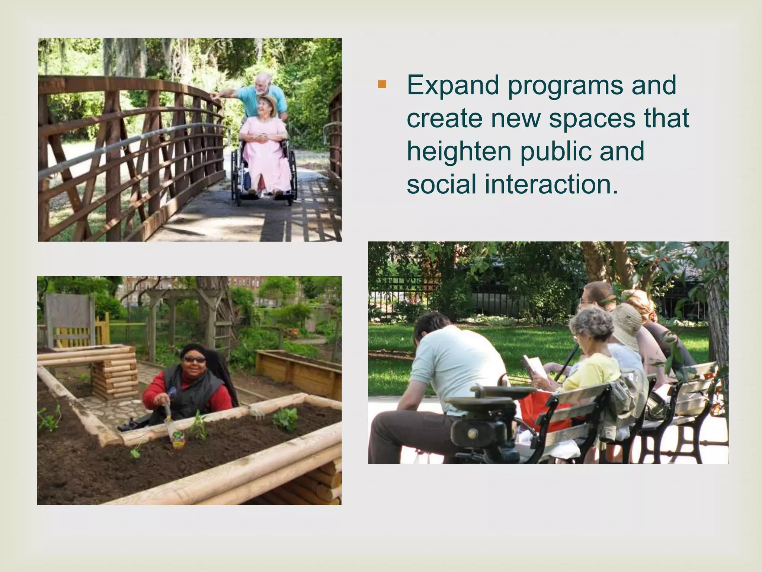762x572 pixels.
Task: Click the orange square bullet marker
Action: pyautogui.click(x=382, y=85)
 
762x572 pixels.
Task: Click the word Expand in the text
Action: pyautogui.click(x=452, y=85)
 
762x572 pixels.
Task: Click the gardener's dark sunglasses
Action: pyautogui.click(x=194, y=360)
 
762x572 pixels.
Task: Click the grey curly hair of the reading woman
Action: pyautogui.click(x=592, y=321)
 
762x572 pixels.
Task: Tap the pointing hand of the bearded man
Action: pyautogui.click(x=215, y=96)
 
